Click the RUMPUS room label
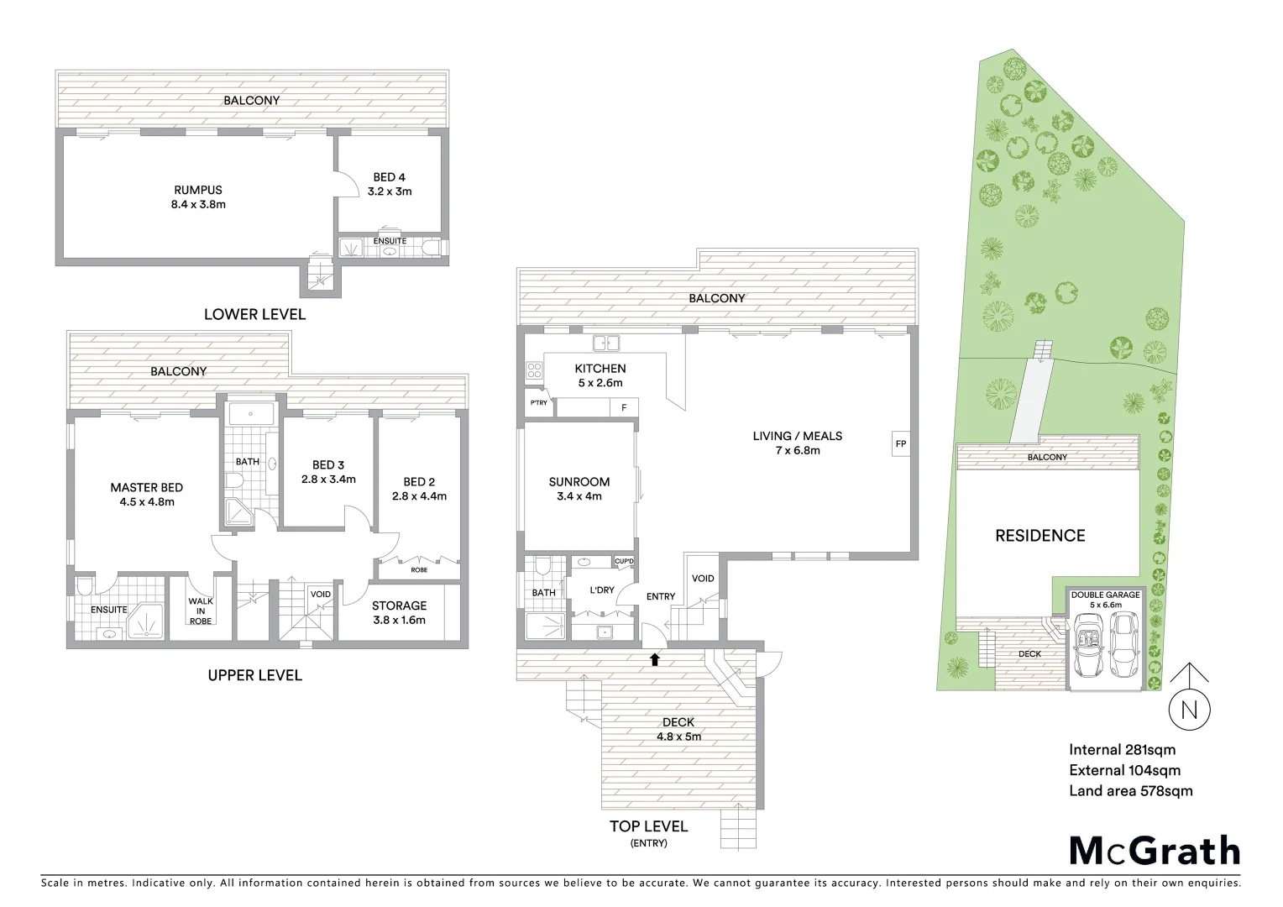[198, 190]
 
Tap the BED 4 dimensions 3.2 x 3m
[390, 191]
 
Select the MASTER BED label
[146, 487]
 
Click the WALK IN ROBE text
[200, 611]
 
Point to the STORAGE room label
[399, 606]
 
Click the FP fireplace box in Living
[900, 443]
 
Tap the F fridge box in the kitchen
[623, 408]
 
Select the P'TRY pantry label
[538, 403]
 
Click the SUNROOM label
[579, 482]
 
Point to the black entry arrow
[654, 659]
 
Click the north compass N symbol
[1189, 709]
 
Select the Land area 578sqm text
[1130, 790]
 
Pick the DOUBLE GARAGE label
[1105, 595]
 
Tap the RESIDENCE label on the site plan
[1039, 536]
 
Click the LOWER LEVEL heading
[254, 314]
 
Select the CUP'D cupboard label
[624, 561]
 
